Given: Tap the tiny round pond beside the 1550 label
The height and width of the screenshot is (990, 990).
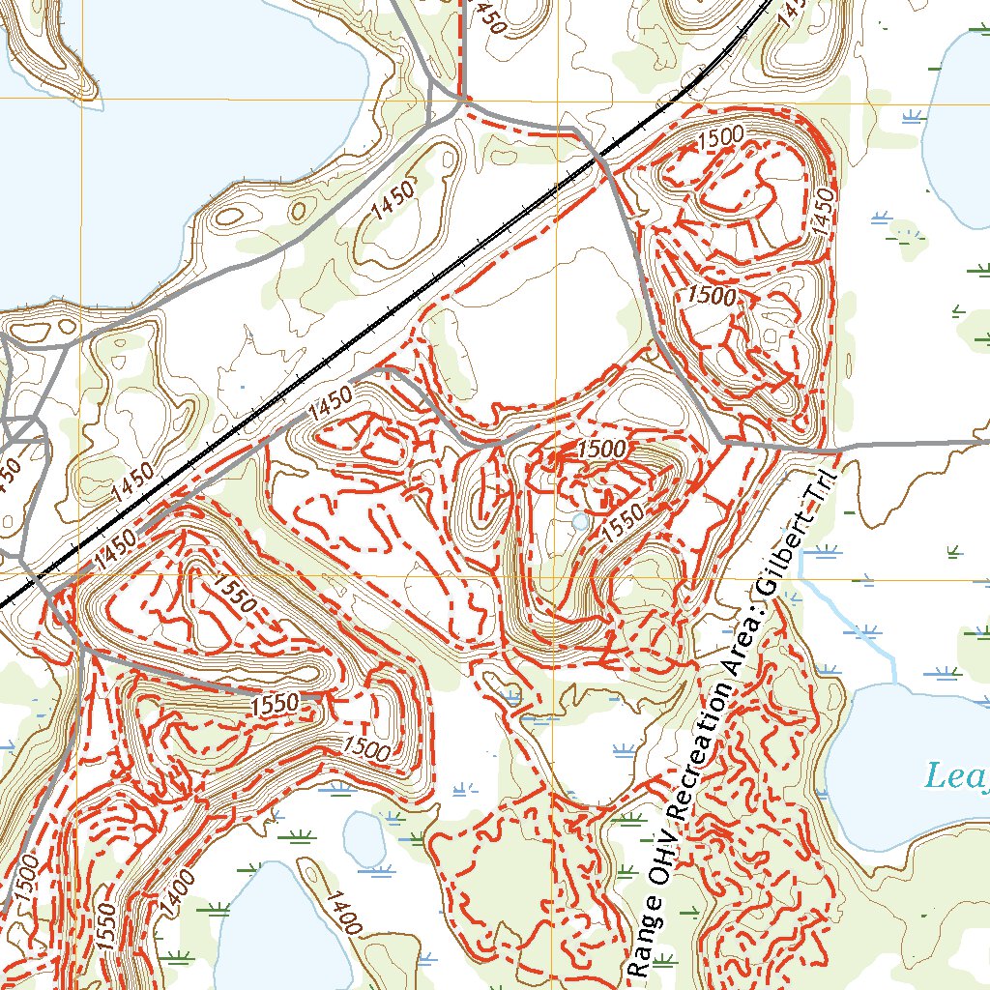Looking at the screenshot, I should coord(579,522).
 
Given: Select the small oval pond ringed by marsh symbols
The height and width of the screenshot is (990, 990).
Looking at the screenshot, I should coord(364,836).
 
